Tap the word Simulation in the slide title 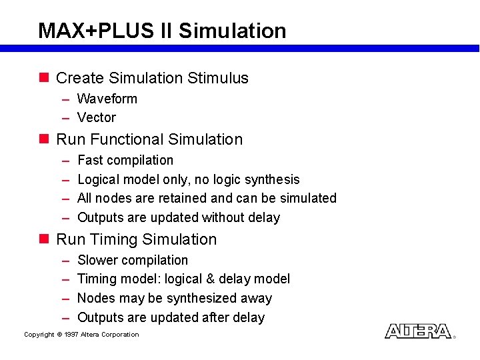(233, 31)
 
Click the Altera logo (418, 331)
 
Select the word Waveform (107, 99)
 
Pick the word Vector (97, 117)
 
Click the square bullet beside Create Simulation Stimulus (44, 77)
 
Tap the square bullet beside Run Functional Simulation (44, 139)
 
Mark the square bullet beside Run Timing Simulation (44, 239)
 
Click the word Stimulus (218, 78)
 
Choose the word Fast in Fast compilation (91, 160)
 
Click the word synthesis (273, 179)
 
